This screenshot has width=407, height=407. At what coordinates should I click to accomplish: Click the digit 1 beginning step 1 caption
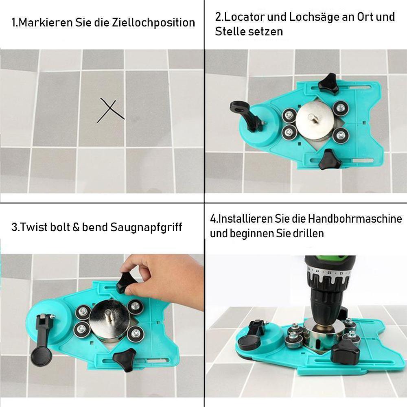(x=14, y=22)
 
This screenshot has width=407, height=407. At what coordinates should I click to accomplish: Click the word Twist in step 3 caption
(x=33, y=227)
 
